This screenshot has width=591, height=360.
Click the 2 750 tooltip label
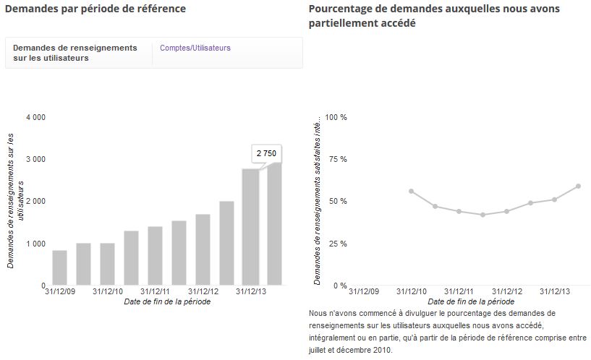(x=266, y=154)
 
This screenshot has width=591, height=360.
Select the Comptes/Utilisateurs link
(x=195, y=48)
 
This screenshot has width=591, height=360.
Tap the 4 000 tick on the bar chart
(x=35, y=117)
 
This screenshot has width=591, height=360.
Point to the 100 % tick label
(x=336, y=117)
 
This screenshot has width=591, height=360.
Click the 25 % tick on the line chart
(x=339, y=244)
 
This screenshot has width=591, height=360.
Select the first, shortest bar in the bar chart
(x=60, y=267)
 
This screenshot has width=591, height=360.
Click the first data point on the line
(x=411, y=192)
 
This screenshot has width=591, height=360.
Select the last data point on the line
(x=579, y=186)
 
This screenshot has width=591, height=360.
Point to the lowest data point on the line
(x=482, y=215)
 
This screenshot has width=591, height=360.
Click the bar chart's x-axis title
(x=167, y=301)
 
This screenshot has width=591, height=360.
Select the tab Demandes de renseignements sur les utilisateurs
(x=75, y=53)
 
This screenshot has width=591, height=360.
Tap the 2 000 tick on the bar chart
(x=35, y=202)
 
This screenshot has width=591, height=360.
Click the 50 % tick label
(x=338, y=202)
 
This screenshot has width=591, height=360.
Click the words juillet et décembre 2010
(x=350, y=350)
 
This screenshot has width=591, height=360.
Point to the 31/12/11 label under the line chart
(x=459, y=291)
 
